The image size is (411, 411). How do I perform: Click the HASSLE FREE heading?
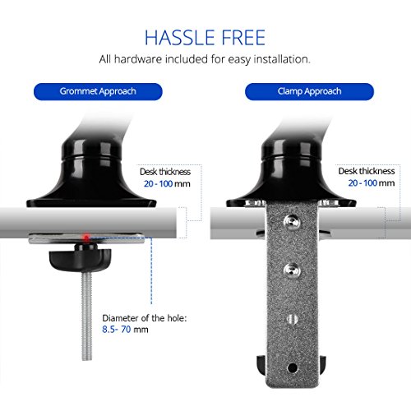click(x=205, y=38)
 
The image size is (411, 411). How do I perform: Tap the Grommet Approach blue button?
click(x=98, y=91)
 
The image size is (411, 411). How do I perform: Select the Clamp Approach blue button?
click(x=309, y=91)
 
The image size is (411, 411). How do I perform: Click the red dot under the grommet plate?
click(x=86, y=238)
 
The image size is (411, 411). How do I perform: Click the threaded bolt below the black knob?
click(x=87, y=316)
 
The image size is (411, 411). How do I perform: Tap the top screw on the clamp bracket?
click(x=292, y=222)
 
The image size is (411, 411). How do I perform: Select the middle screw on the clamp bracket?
click(x=293, y=270)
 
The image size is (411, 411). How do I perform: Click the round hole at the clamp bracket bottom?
click(x=293, y=367)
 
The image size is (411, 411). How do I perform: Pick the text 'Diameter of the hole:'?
click(x=145, y=318)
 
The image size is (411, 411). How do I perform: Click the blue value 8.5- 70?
click(x=117, y=330)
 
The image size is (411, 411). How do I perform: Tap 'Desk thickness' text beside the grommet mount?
click(x=165, y=172)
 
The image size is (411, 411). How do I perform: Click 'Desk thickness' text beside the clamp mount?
click(x=367, y=171)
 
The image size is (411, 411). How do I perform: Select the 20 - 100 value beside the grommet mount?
click(x=158, y=183)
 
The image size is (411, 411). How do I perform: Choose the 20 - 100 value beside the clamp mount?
click(x=363, y=183)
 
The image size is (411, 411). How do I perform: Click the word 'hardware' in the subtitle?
click(x=137, y=59)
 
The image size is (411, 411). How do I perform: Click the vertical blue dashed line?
click(x=151, y=270)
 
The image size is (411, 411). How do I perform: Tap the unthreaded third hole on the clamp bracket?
click(x=293, y=319)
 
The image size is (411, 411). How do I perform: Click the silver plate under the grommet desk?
click(x=86, y=239)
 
